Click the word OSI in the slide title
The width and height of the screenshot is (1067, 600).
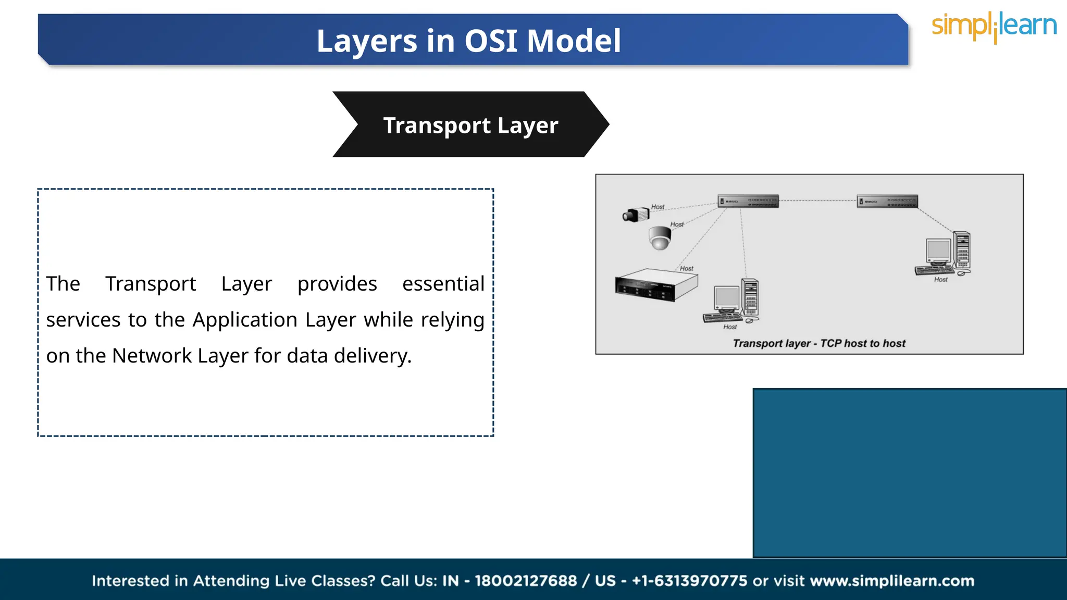pyautogui.click(x=491, y=41)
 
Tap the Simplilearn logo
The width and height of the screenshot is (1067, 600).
pyautogui.click(x=994, y=27)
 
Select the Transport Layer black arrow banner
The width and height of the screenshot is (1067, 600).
pyautogui.click(x=470, y=125)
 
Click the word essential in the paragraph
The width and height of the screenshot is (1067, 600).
pyautogui.click(x=443, y=284)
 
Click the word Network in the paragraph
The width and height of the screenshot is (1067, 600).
pyautogui.click(x=152, y=356)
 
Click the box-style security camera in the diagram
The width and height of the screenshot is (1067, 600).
pyautogui.click(x=636, y=214)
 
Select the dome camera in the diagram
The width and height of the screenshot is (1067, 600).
pyautogui.click(x=660, y=238)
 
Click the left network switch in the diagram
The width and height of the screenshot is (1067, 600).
pyautogui.click(x=748, y=201)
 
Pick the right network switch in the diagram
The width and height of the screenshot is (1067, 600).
pyautogui.click(x=887, y=201)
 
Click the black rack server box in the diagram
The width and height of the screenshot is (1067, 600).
pyautogui.click(x=655, y=285)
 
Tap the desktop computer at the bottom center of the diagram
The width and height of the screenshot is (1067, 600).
pyautogui.click(x=732, y=302)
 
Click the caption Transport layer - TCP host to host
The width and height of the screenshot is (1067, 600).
pyautogui.click(x=818, y=343)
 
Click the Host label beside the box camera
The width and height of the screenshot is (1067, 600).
pyautogui.click(x=657, y=207)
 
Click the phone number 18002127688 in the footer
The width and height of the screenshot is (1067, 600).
pyautogui.click(x=525, y=581)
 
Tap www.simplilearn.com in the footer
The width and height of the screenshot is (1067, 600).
pyautogui.click(x=892, y=581)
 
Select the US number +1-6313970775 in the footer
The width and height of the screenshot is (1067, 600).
pyautogui.click(x=689, y=581)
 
